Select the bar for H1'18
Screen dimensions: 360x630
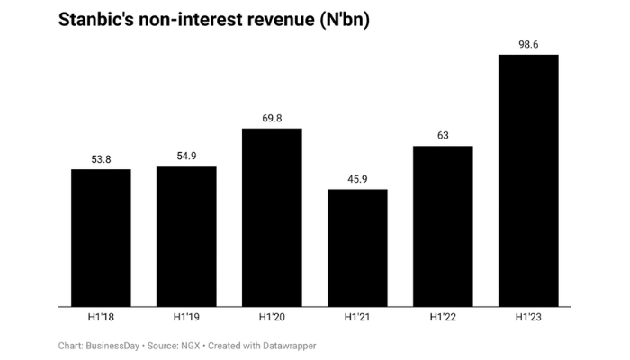click(x=101, y=238)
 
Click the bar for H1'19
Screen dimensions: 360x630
click(x=186, y=236)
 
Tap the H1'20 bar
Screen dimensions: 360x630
click(x=272, y=217)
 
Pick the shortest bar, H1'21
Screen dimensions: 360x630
click(x=357, y=247)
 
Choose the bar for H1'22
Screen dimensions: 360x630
click(x=443, y=226)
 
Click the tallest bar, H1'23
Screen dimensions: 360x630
click(x=528, y=180)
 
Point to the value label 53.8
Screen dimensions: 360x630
click(x=101, y=158)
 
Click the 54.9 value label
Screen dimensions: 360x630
click(x=186, y=156)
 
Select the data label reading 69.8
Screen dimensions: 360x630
click(x=272, y=118)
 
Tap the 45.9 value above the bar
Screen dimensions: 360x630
click(x=357, y=178)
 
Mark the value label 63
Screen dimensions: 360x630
click(x=443, y=135)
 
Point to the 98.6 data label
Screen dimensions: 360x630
click(x=528, y=44)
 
